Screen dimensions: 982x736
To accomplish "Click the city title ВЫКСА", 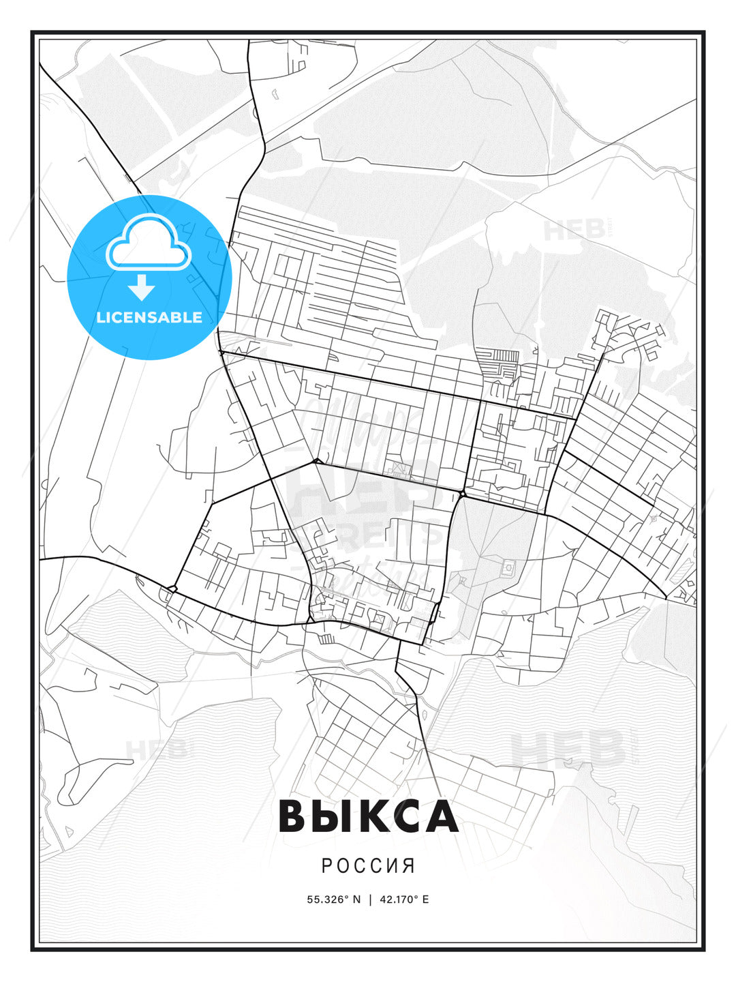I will [x=368, y=816].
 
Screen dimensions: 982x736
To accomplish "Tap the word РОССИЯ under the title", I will [x=368, y=866].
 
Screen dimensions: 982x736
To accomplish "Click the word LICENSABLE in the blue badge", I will [x=149, y=317].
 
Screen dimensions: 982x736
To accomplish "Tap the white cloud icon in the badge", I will [x=147, y=242].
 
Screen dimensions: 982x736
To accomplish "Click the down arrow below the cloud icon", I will [x=142, y=287].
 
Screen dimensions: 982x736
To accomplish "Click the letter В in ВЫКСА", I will [x=294, y=816].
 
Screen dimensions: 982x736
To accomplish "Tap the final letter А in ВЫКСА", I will [x=440, y=816].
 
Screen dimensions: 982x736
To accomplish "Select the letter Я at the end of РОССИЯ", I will [x=409, y=866].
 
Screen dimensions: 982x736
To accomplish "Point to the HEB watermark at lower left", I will [x=156, y=750].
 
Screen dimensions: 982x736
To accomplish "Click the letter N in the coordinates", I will [x=356, y=899].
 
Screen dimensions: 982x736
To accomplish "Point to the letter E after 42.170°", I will [x=426, y=899].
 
